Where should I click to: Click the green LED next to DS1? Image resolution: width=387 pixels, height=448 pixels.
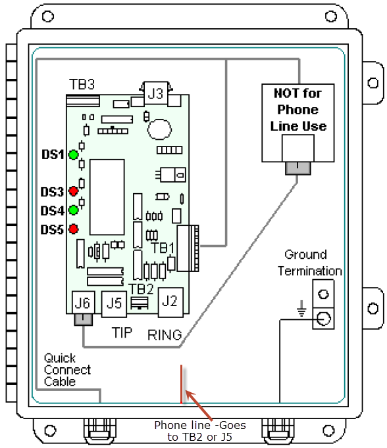click(x=74, y=155)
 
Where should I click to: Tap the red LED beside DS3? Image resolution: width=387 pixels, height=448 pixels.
click(x=74, y=191)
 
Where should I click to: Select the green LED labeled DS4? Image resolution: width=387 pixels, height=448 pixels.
click(x=74, y=210)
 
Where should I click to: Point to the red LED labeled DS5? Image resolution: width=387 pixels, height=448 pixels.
click(x=74, y=229)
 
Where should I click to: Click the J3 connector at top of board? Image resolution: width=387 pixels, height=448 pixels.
click(x=155, y=93)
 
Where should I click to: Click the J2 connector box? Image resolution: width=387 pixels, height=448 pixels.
click(x=170, y=301)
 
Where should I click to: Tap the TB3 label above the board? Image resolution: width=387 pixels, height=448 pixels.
click(x=82, y=85)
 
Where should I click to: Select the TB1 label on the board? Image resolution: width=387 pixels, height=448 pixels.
click(x=163, y=248)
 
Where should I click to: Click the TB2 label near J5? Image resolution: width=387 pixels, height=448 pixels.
click(x=141, y=289)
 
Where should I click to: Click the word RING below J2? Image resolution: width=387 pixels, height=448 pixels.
click(x=165, y=334)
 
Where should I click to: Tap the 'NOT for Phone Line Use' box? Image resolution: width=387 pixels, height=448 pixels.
click(x=297, y=110)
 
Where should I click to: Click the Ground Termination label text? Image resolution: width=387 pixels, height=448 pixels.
click(x=309, y=263)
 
